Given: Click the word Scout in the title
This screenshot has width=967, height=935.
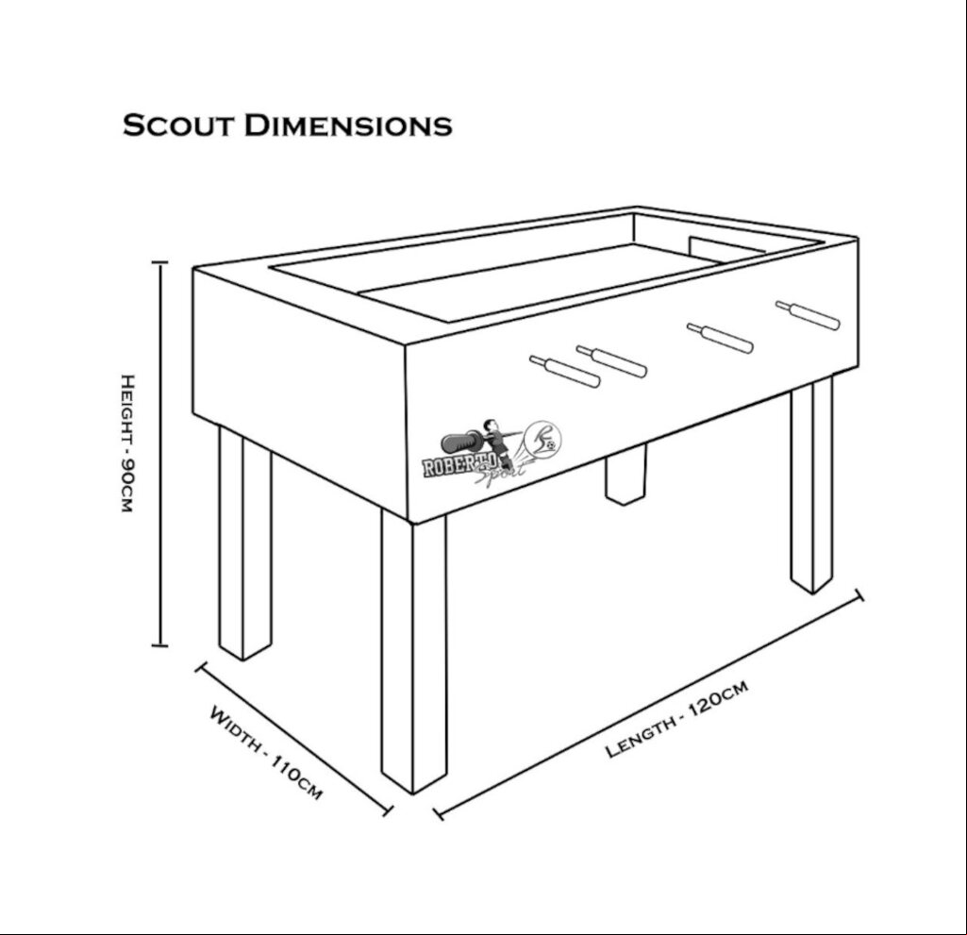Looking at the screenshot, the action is tap(178, 125).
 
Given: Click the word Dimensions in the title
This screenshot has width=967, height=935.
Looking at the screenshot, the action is tap(348, 125).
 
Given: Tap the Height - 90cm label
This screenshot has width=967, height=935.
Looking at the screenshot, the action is tap(126, 442).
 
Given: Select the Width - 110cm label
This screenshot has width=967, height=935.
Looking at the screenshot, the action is tap(266, 753).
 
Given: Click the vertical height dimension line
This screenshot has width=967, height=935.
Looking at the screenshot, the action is tap(160, 454).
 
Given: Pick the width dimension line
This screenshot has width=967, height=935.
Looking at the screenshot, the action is tap(294, 740).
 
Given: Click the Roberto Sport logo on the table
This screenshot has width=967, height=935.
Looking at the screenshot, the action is tap(492, 450).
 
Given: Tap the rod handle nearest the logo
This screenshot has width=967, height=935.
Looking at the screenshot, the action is tap(565, 372).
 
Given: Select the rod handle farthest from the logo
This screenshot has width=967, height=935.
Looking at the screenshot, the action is tap(808, 315).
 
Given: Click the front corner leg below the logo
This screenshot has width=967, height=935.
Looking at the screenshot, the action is tap(413, 653).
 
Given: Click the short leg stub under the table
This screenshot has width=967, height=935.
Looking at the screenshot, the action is tap(625, 474).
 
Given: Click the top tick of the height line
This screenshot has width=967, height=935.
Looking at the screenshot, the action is tap(159, 262).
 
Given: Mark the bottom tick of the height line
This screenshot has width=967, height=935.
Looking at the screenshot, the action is tap(159, 645).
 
